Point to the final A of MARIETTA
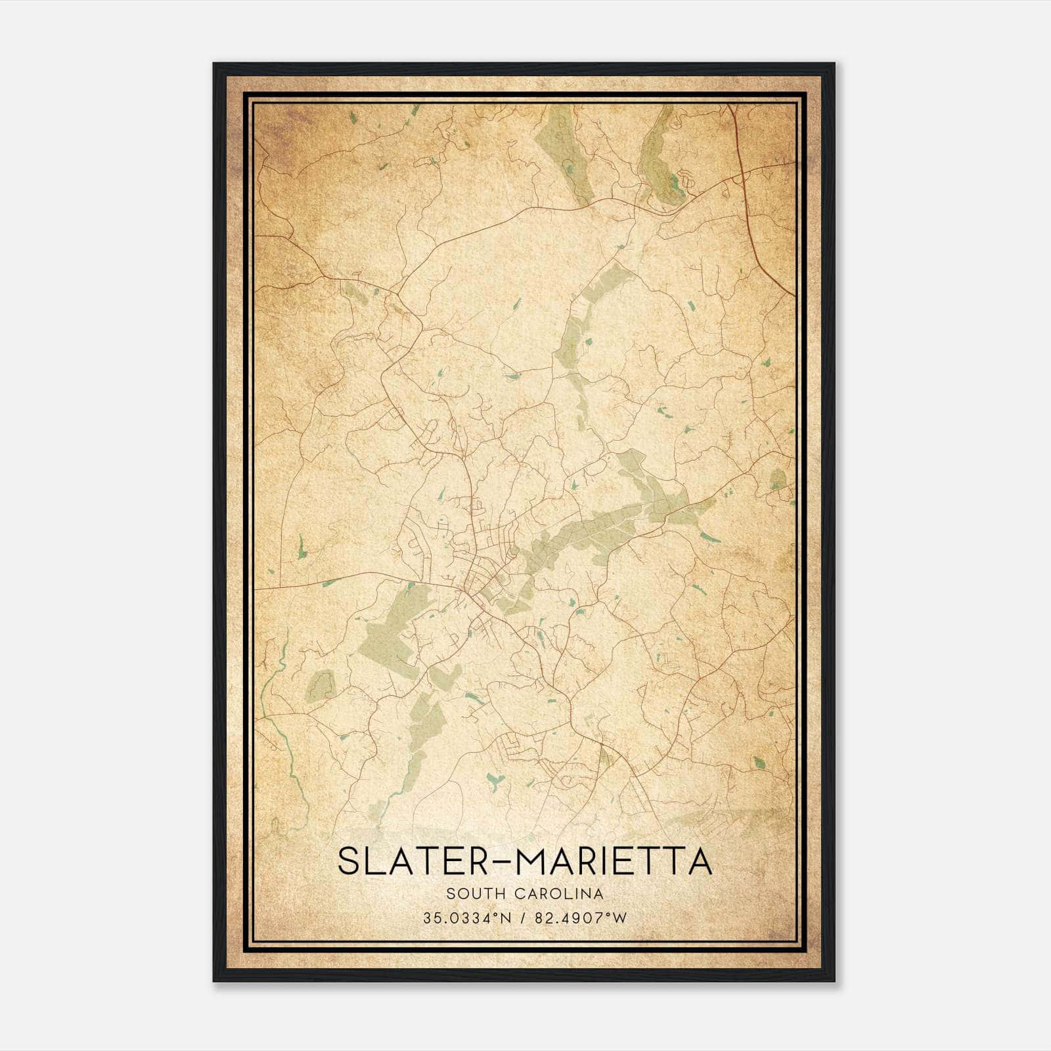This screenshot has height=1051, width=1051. tap(700, 861)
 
